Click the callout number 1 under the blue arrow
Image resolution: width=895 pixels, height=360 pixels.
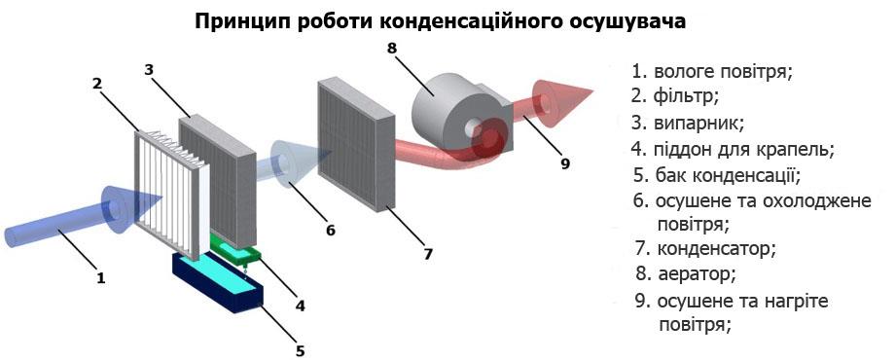100,277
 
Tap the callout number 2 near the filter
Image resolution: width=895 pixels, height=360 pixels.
98,84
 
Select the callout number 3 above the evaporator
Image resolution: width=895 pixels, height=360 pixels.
149,70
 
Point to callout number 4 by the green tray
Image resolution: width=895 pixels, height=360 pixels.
301,306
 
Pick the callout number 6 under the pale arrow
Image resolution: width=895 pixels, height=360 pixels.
331,231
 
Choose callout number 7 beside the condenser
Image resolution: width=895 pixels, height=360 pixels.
428,255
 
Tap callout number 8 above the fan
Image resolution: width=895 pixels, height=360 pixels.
392,45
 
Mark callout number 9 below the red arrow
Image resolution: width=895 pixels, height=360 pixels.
565,162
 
